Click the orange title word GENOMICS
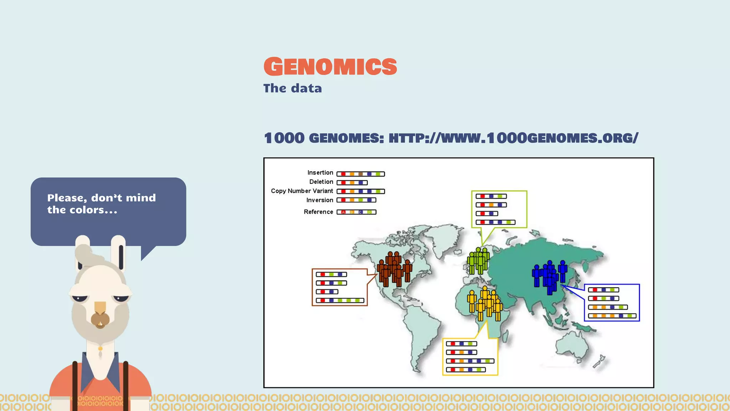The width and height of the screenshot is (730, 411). click(330, 67)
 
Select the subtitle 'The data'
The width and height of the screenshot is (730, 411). click(292, 88)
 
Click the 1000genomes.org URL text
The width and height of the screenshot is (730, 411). click(513, 138)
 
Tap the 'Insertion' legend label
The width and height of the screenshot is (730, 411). click(320, 173)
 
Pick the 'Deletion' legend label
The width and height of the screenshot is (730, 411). click(321, 182)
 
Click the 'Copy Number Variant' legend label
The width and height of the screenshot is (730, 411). click(302, 191)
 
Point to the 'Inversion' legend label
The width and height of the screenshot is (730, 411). click(319, 200)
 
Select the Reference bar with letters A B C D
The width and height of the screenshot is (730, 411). click(356, 212)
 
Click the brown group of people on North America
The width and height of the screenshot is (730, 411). click(394, 269)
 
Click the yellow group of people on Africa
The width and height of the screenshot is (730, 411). click(485, 303)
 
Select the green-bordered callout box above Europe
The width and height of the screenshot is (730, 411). click(499, 209)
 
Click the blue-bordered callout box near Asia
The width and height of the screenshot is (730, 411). click(612, 303)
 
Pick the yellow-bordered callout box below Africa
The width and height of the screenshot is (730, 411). click(470, 356)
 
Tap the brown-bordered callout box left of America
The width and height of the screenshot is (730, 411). click(339, 287)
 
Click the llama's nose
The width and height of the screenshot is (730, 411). click(100, 319)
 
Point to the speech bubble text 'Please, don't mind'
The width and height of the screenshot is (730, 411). click(102, 198)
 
